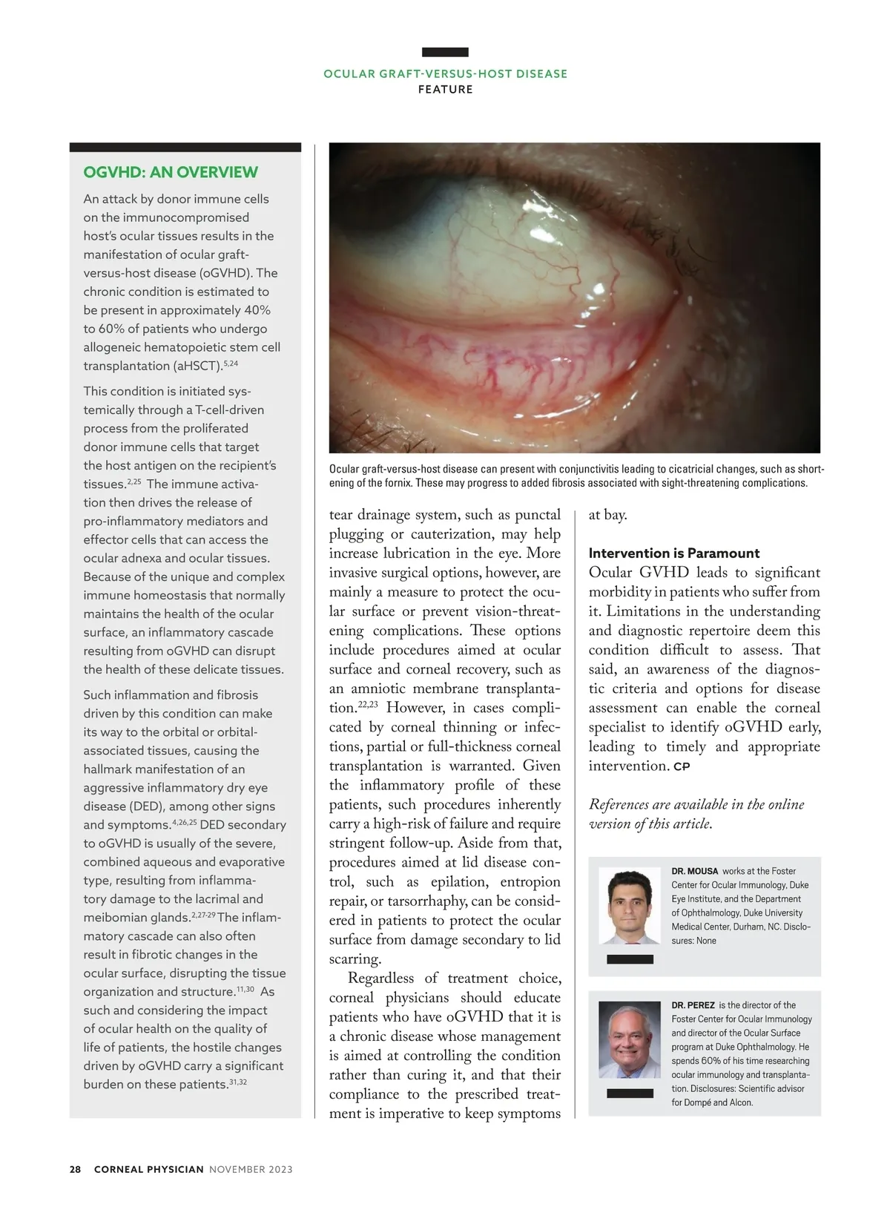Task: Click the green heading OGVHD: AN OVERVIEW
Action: [171, 172]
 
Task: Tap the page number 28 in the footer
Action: [75, 1169]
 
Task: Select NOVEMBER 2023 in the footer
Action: [251, 1169]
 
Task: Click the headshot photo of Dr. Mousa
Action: [630, 907]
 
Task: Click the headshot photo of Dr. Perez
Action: [630, 1040]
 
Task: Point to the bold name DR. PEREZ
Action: [693, 1005]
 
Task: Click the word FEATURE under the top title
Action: [445, 90]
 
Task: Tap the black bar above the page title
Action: [445, 52]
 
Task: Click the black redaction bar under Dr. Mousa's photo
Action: [630, 959]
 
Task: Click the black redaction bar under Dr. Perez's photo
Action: [630, 1093]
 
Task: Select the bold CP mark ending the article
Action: [682, 767]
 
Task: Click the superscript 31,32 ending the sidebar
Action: [238, 1082]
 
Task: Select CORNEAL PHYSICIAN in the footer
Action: [148, 1169]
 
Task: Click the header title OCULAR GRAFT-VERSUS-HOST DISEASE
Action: [445, 73]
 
